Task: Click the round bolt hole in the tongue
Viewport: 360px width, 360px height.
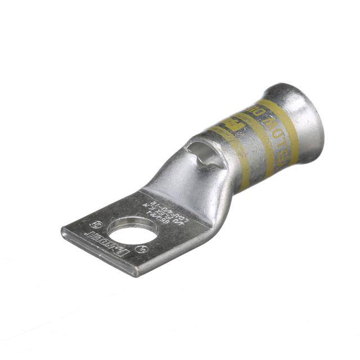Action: [x=125, y=231]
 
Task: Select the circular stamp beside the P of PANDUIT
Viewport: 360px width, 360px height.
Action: [x=141, y=248]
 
